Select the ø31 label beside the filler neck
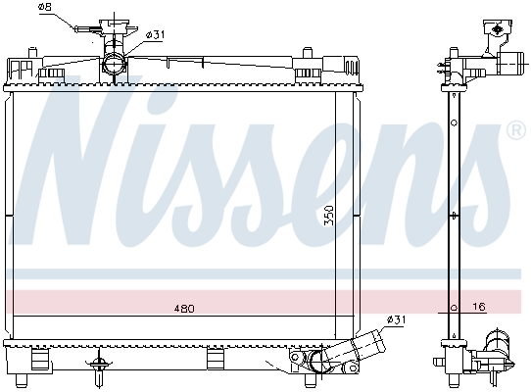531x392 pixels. click(x=155, y=35)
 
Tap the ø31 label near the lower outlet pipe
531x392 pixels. click(x=396, y=319)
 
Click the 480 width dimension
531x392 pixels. click(x=184, y=309)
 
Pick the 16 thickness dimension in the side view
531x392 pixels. click(x=479, y=307)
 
